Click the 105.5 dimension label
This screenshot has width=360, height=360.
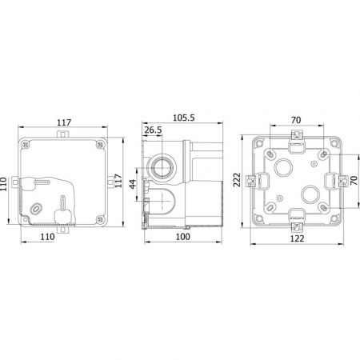[x=184, y=118]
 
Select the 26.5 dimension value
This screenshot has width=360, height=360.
[x=153, y=130]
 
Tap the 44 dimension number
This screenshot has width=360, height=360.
[x=133, y=184]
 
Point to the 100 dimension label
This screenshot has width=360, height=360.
[x=183, y=237]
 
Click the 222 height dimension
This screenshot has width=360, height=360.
[x=237, y=180]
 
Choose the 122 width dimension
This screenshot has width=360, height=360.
[x=297, y=238]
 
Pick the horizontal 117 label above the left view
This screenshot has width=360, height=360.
[x=64, y=122]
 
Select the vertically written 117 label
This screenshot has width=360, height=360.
[x=118, y=181]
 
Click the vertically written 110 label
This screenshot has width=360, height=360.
[x=3, y=184]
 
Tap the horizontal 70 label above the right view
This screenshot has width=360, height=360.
[x=296, y=120]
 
